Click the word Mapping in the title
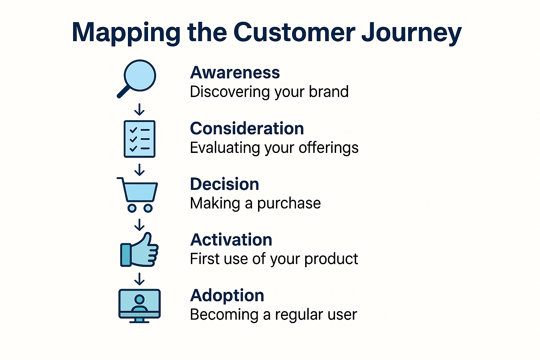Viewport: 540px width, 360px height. pos(126,33)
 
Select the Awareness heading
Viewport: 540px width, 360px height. pos(235,73)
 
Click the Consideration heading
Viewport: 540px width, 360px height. pos(247,129)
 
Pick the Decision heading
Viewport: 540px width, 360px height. pos(224,184)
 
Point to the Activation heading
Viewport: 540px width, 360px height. pos(231,240)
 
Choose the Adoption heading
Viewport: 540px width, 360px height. pos(227,296)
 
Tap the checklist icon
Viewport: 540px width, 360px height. pos(140,139)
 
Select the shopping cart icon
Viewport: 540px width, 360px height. pos(139,193)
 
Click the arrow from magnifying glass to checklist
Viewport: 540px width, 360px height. pos(140,109)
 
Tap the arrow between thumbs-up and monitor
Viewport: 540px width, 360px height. pos(140,279)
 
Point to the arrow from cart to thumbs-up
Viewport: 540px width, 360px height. pos(140,224)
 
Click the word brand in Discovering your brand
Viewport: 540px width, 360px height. pos(329,92)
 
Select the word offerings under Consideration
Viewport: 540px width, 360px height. pos(328,148)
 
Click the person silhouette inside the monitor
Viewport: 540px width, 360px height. pos(140,303)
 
